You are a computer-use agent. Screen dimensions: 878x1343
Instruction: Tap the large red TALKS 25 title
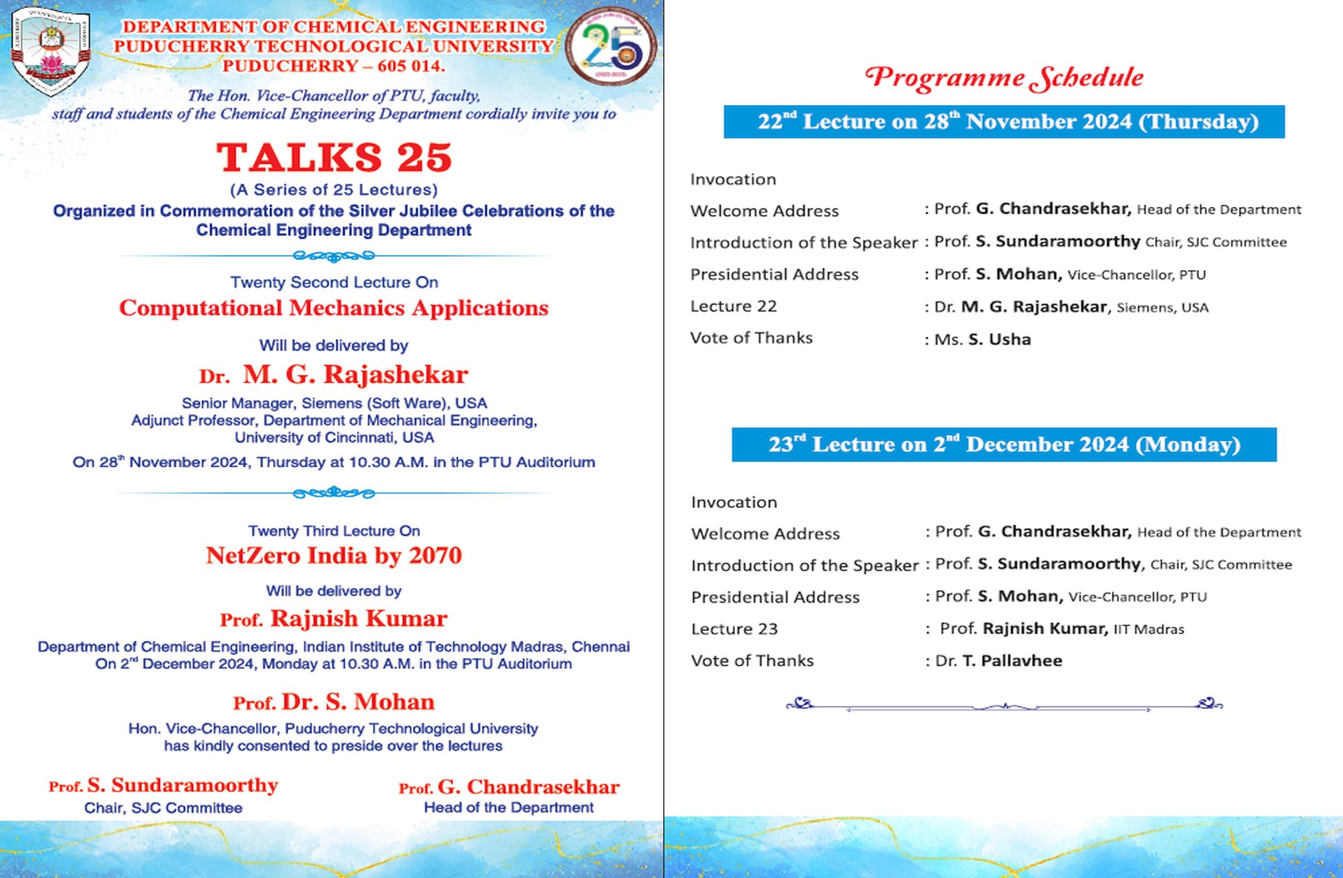click(334, 157)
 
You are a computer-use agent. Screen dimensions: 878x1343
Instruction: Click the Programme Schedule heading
click(1004, 78)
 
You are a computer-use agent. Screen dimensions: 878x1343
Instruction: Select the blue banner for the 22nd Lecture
click(1004, 122)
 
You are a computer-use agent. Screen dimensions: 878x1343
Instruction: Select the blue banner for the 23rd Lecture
click(1004, 445)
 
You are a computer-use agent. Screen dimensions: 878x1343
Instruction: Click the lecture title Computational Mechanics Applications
click(334, 308)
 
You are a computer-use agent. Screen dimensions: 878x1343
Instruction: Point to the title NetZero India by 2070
click(334, 556)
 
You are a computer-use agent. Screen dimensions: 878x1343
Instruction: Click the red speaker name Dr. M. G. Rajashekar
click(334, 375)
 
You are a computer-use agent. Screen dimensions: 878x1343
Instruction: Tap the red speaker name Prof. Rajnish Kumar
click(334, 619)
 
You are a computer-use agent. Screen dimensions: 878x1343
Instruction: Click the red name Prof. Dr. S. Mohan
click(334, 702)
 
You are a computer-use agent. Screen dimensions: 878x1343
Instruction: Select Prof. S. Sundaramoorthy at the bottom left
click(163, 786)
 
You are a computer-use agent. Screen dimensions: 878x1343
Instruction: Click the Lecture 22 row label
click(734, 306)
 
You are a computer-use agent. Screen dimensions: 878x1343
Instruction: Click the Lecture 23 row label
click(734, 629)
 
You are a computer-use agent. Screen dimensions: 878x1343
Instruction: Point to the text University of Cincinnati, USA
click(334, 438)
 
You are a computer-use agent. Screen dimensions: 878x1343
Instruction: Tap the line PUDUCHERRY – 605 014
click(334, 66)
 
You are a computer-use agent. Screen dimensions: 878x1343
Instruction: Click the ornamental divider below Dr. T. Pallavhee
click(1004, 705)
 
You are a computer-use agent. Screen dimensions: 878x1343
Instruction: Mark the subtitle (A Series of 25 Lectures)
click(334, 190)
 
